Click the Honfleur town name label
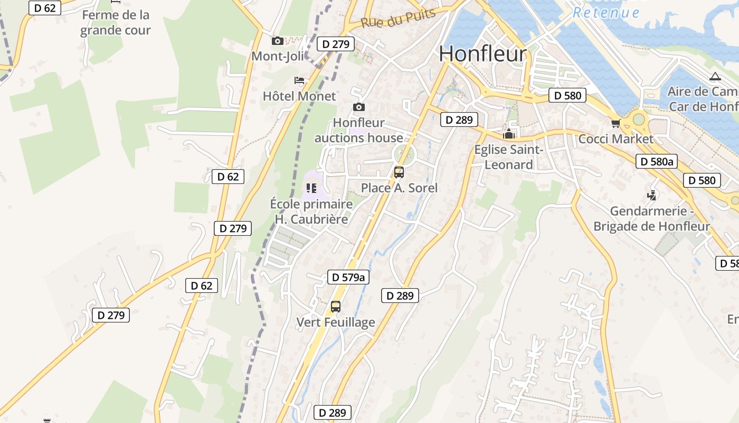(x=482, y=54)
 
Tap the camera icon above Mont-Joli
(x=277, y=41)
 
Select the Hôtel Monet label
(x=299, y=96)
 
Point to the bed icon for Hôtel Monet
(x=299, y=80)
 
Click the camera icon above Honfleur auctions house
(x=359, y=107)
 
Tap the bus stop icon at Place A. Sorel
(x=399, y=172)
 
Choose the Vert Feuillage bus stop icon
(x=336, y=306)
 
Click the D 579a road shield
(x=348, y=277)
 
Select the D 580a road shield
(x=656, y=161)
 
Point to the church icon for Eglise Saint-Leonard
(x=509, y=134)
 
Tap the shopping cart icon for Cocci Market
(x=615, y=124)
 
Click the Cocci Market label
(x=615, y=139)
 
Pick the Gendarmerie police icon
(x=652, y=195)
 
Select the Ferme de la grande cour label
(x=116, y=22)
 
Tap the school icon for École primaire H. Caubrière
(x=311, y=188)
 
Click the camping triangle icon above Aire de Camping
(x=715, y=77)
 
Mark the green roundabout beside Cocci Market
(x=639, y=119)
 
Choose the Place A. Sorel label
(x=399, y=188)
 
